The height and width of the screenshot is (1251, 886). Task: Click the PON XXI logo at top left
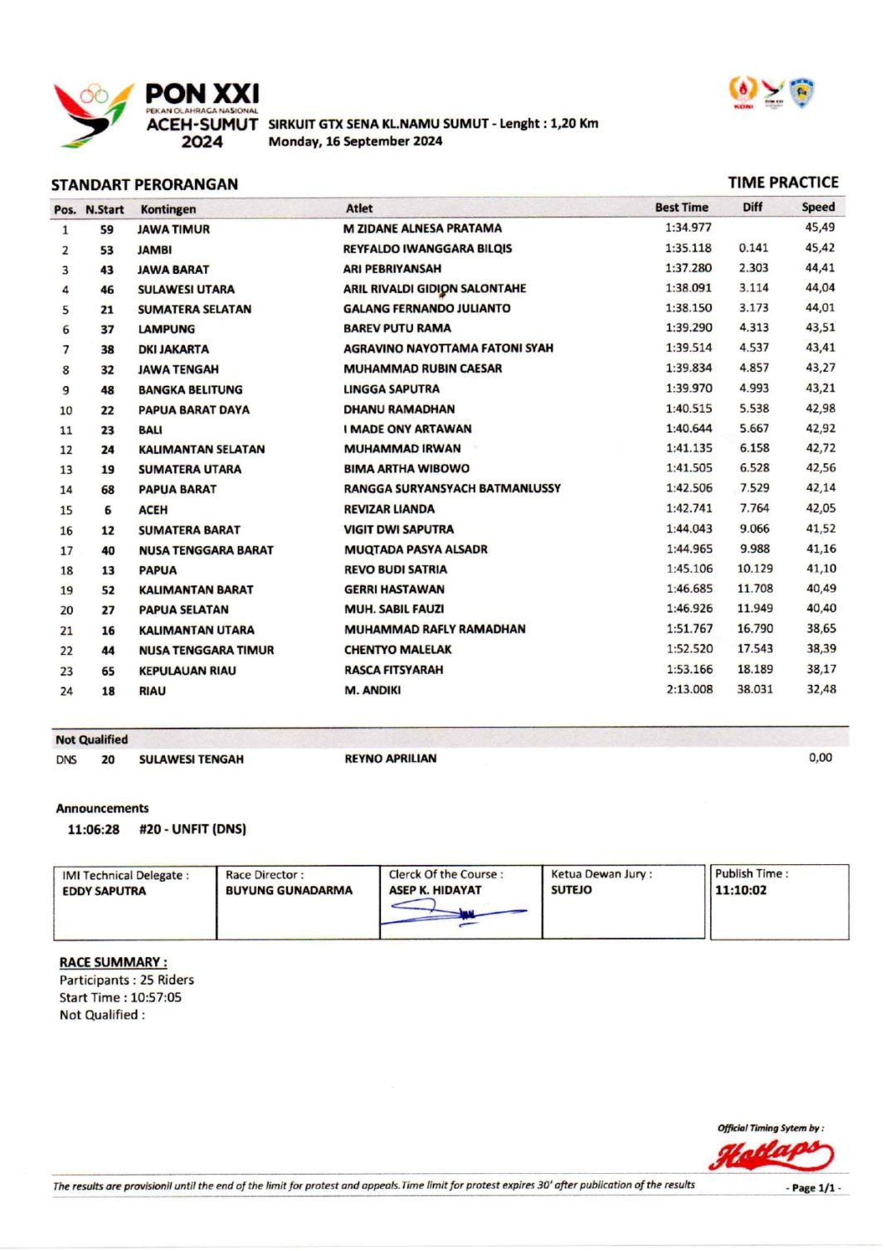click(x=156, y=115)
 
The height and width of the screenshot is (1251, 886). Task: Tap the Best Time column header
click(x=681, y=208)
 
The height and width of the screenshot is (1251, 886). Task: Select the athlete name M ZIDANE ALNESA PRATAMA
click(x=422, y=228)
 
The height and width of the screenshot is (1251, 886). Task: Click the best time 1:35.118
click(x=688, y=247)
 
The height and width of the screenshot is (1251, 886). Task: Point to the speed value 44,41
click(x=820, y=267)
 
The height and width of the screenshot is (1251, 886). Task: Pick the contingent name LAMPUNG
click(x=167, y=329)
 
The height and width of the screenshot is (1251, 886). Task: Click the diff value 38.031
click(x=754, y=689)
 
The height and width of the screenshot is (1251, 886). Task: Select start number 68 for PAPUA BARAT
click(x=108, y=490)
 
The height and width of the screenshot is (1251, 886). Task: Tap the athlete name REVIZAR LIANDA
click(x=389, y=509)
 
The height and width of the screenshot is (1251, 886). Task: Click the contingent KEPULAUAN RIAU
click(x=187, y=671)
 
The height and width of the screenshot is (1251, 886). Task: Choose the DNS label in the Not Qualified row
click(x=66, y=760)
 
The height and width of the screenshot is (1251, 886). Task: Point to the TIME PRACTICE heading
click(x=782, y=183)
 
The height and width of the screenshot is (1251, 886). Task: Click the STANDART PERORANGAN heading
click(x=144, y=184)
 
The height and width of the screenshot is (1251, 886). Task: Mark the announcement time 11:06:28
click(x=93, y=829)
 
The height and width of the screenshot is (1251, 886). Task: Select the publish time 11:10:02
click(x=741, y=890)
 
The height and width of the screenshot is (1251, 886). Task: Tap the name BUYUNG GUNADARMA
click(x=289, y=890)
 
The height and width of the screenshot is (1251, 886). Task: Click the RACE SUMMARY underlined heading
click(x=113, y=962)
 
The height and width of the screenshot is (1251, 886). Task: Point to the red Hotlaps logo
click(x=771, y=1154)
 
